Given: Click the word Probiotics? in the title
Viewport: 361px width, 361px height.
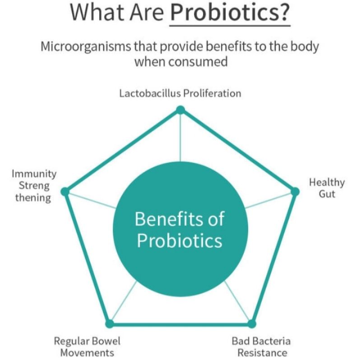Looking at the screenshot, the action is point(230,14).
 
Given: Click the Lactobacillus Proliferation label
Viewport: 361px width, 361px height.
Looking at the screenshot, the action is point(180,93).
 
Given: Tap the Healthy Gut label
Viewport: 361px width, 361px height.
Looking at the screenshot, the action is point(327,188).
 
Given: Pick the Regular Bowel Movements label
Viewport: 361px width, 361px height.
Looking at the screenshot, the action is point(87,346).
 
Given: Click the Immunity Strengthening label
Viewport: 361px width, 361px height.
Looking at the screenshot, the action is point(34,185).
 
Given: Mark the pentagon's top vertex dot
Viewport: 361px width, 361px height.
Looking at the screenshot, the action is point(180,110).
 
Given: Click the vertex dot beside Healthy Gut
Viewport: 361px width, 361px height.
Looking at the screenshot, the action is point(295,191).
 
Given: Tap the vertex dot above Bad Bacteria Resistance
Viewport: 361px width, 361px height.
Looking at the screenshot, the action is point(252,324).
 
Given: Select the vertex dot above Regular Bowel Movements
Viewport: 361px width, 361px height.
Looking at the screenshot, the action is point(109,324).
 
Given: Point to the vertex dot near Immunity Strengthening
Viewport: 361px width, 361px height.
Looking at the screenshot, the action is point(65,191).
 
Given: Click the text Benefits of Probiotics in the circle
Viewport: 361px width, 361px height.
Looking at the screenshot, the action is point(180,230).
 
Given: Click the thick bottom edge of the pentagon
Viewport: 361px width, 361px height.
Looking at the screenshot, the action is point(180,324).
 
